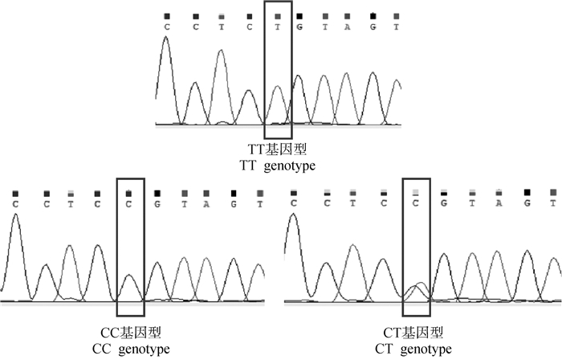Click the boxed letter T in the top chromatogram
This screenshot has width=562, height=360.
(277, 26)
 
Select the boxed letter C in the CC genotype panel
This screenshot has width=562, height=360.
(129, 202)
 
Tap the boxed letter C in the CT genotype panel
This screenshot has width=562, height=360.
(416, 202)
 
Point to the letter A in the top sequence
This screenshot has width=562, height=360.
(348, 26)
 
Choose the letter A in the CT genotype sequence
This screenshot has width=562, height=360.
(499, 202)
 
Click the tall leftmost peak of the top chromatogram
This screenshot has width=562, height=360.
(166, 40)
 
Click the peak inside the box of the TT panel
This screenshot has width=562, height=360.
(277, 87)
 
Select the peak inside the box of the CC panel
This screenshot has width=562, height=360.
(129, 277)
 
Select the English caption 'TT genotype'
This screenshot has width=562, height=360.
(278, 166)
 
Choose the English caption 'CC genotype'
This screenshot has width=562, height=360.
(132, 349)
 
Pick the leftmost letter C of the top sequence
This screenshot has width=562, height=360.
(167, 26)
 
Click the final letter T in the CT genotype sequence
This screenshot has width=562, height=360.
(552, 202)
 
